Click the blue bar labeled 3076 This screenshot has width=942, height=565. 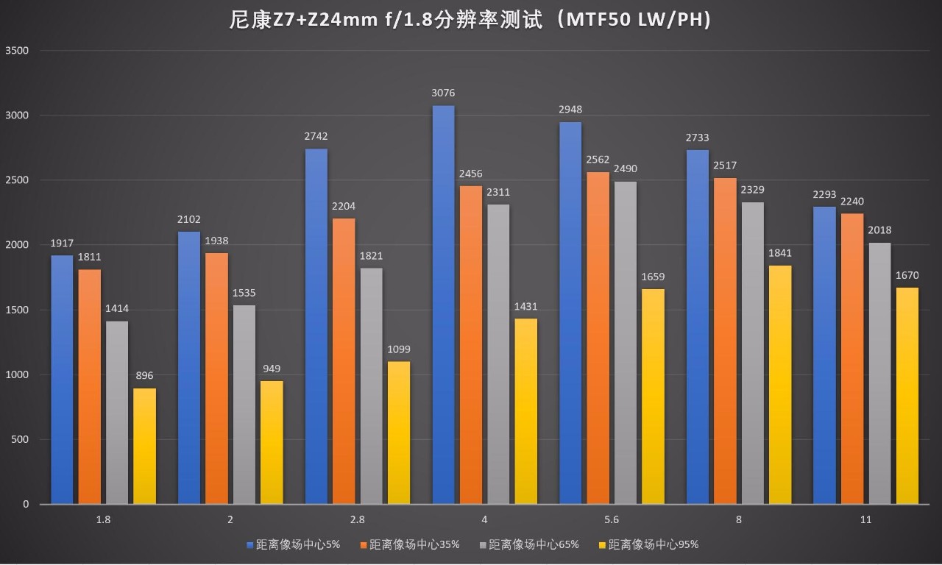click(444, 305)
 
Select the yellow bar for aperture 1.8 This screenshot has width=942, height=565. click(144, 446)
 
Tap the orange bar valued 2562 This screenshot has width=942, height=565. click(598, 338)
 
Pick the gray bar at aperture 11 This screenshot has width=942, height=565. click(879, 373)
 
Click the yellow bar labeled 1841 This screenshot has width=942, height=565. click(780, 385)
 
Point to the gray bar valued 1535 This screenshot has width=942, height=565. click(244, 405)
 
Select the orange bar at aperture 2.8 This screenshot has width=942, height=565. click(344, 360)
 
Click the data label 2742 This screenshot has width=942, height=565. click(316, 136)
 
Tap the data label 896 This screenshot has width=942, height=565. click(144, 375)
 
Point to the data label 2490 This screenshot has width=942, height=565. click(625, 168)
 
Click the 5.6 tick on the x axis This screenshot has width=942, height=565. click(611, 519)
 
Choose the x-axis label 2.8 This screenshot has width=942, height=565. click(357, 519)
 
